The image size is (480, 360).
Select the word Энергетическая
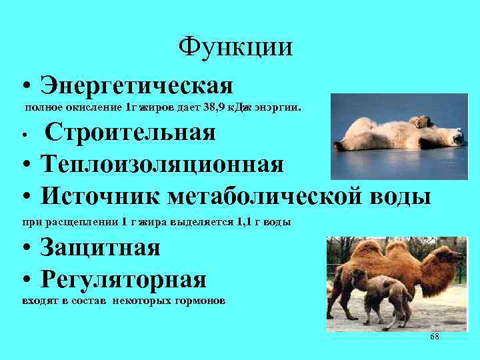coord(136,85)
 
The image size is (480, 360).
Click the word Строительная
coord(130,132)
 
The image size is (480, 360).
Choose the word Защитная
coord(100,248)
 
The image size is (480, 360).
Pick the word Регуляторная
coord(123,278)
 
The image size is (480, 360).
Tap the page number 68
coord(434,337)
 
